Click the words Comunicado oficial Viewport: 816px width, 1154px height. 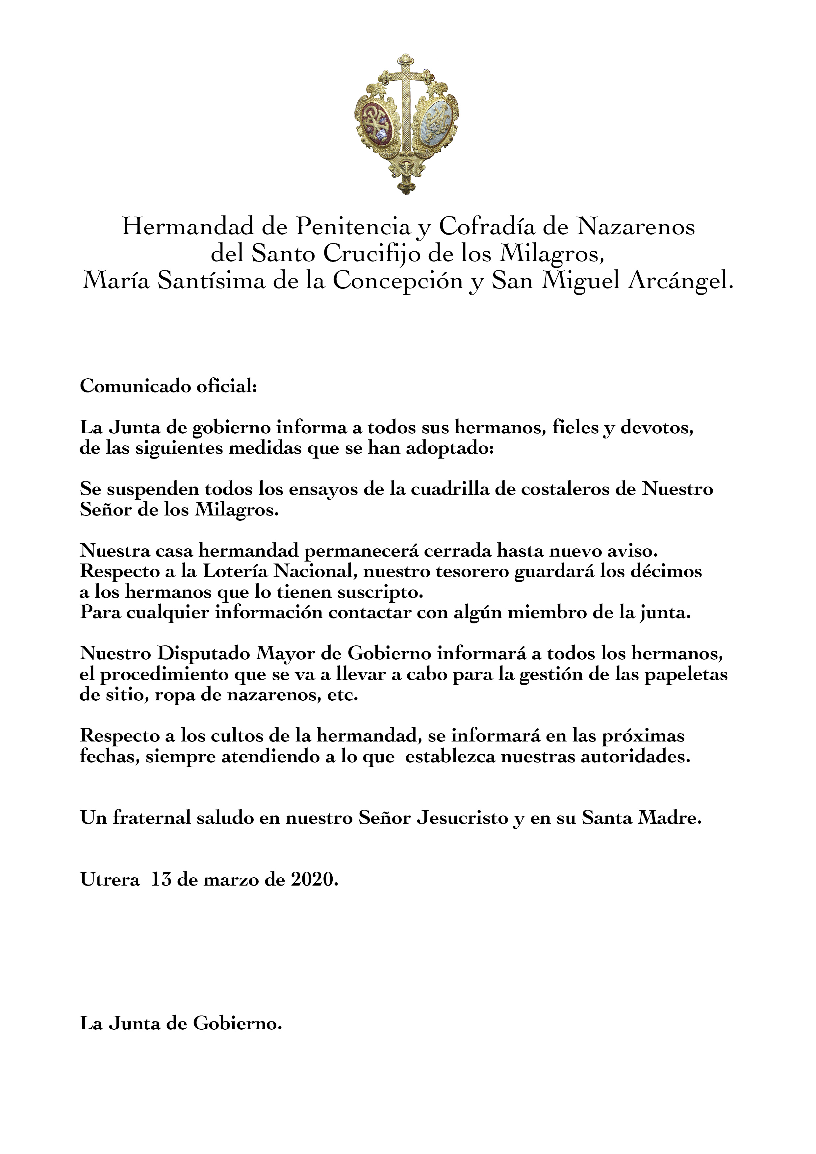pyautogui.click(x=168, y=387)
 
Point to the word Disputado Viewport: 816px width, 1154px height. pyautogui.click(x=204, y=653)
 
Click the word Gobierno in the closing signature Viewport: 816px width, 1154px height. pyautogui.click(x=237, y=1024)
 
